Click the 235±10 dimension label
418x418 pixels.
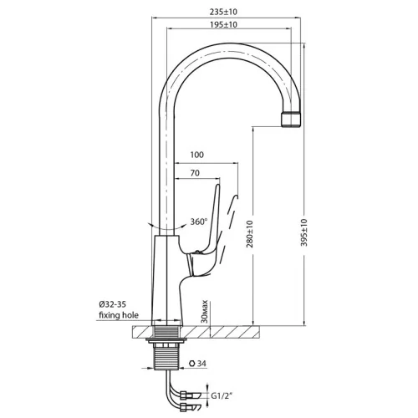coord(223,12)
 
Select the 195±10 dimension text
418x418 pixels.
coord(223,25)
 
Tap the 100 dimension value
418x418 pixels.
coord(196,155)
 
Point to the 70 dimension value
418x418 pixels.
coord(195,173)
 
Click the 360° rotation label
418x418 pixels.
coord(199,222)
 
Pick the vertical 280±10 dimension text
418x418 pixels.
coord(249,234)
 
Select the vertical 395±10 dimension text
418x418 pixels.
coord(304,232)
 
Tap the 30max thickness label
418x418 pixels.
coord(205,311)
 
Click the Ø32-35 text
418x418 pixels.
coord(112,304)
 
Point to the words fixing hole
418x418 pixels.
coord(119,315)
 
